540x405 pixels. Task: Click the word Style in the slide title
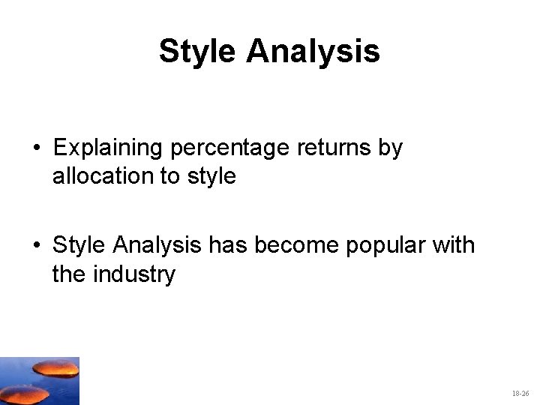(x=198, y=52)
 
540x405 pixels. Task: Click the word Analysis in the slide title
(x=313, y=52)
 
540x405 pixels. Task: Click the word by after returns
(x=390, y=148)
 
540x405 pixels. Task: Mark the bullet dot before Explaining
(x=36, y=149)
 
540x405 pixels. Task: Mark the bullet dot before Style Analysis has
(x=36, y=246)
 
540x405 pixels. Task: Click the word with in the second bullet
(x=452, y=244)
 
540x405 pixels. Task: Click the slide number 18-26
(x=520, y=393)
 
